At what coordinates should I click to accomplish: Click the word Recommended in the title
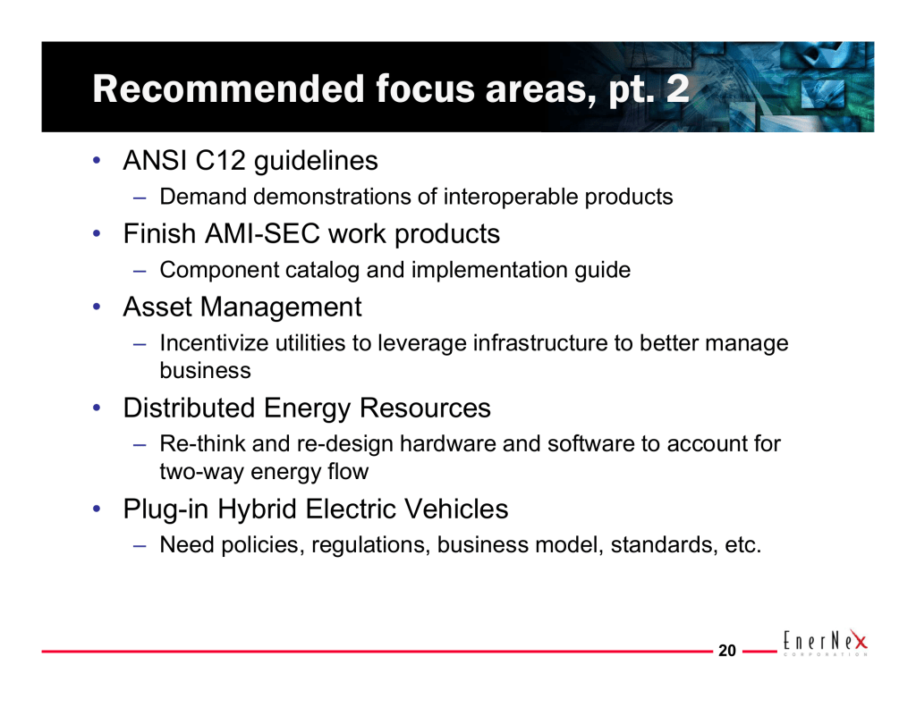click(x=229, y=88)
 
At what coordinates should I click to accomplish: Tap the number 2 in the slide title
click(x=678, y=88)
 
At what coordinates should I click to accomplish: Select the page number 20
click(x=726, y=651)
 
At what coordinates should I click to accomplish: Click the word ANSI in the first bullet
click(x=155, y=161)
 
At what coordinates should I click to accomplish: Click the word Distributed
click(x=190, y=408)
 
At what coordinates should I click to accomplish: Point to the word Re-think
click(x=203, y=443)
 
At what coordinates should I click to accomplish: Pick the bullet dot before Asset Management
click(x=97, y=307)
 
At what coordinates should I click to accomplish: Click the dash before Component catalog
click(x=139, y=271)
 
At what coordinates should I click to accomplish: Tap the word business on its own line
click(x=205, y=371)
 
